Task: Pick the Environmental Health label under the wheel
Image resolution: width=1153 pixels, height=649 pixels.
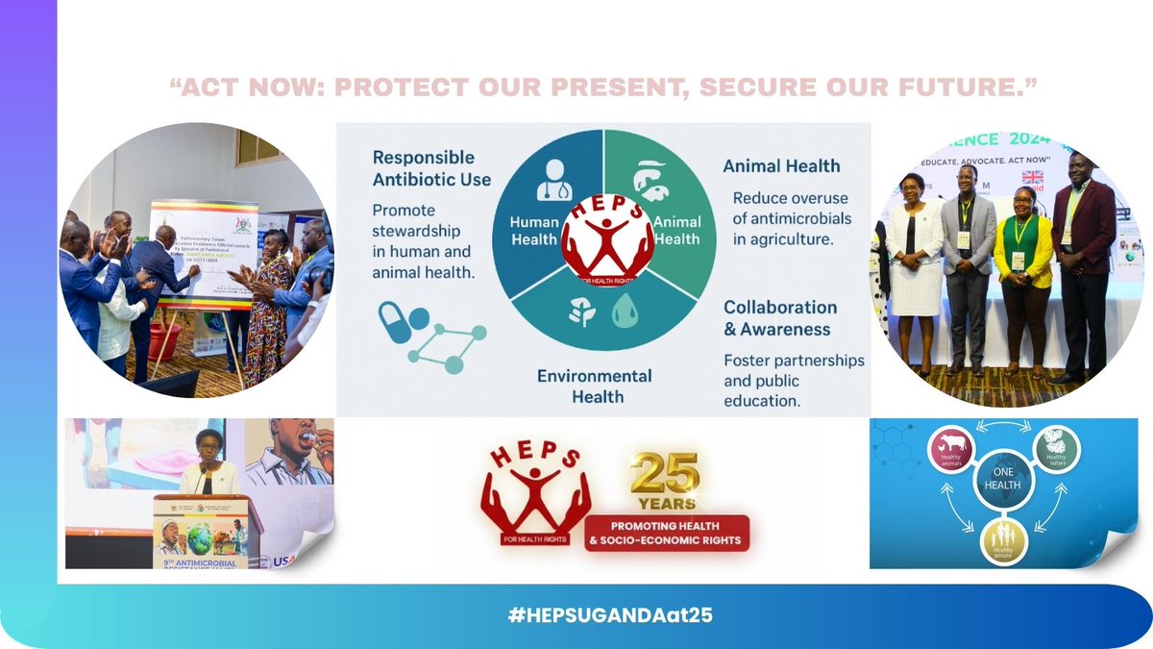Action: coord(594,386)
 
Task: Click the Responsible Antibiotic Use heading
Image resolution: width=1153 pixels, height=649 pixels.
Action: coord(431,168)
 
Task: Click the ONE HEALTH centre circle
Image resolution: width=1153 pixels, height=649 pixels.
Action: coord(1000,486)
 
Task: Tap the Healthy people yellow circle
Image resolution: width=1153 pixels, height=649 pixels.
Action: coord(1004,541)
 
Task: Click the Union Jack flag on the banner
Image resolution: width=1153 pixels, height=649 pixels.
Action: coord(1033,178)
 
